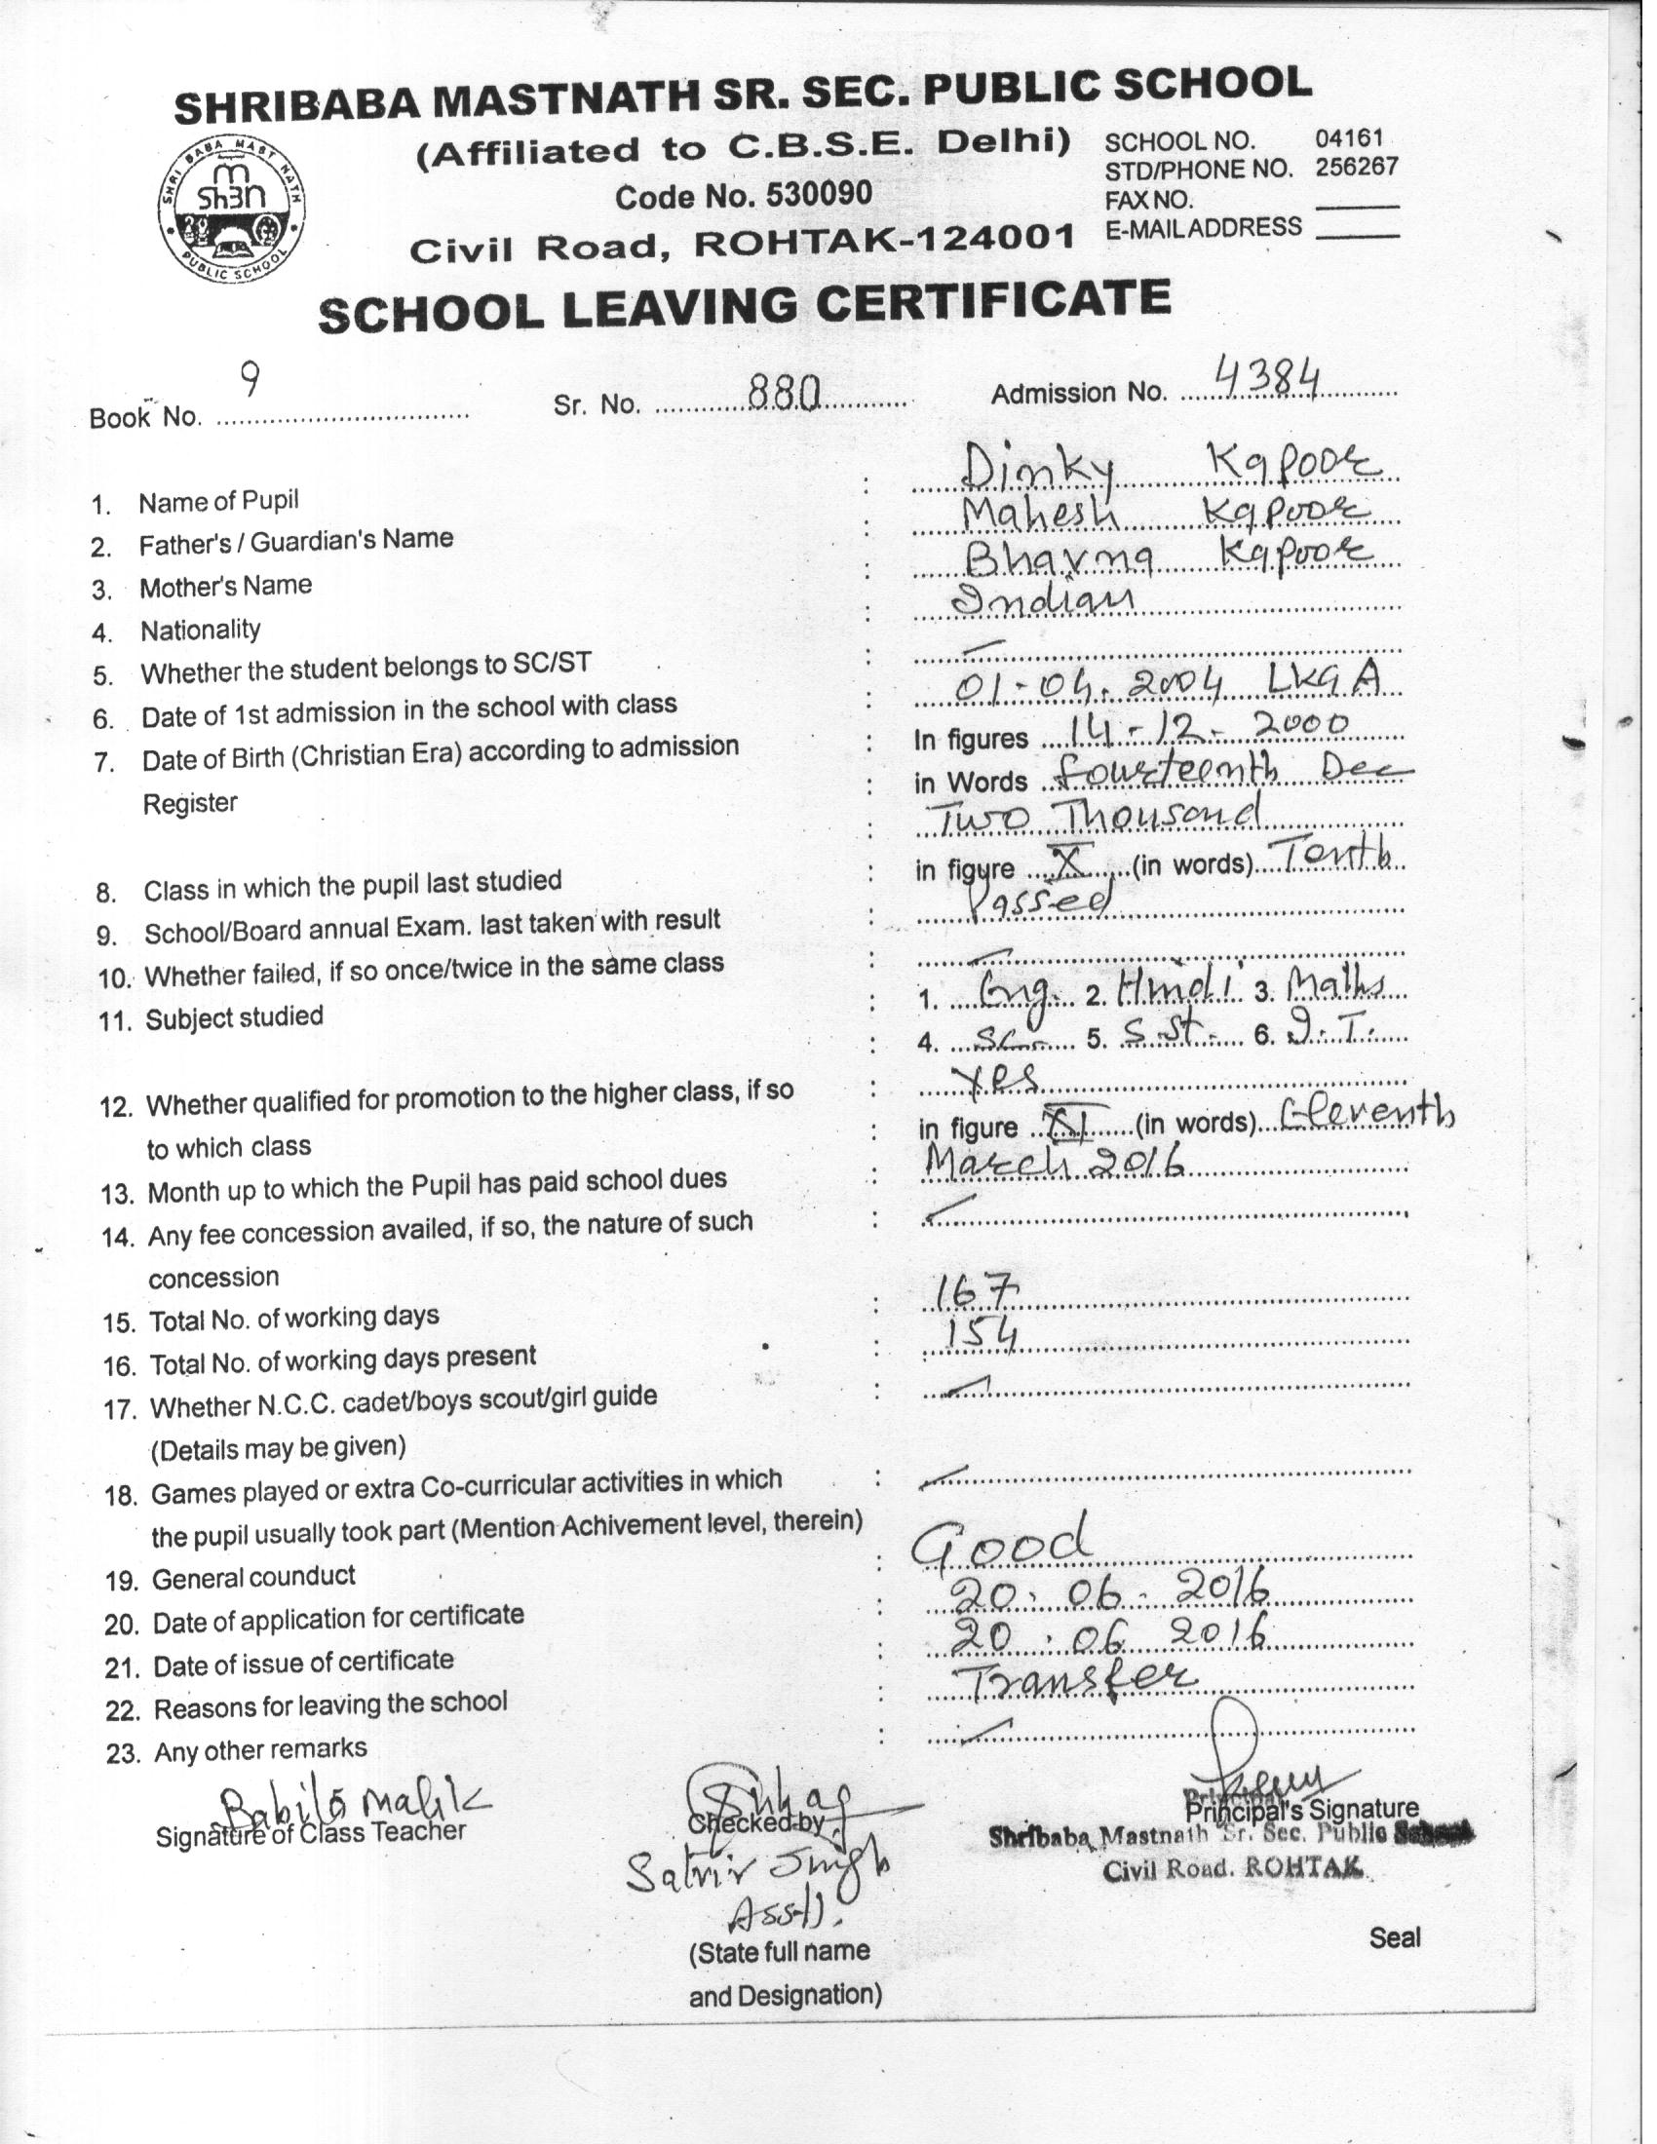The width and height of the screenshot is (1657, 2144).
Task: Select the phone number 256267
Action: pyautogui.click(x=1356, y=167)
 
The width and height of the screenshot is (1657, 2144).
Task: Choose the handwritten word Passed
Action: pyautogui.click(x=1042, y=899)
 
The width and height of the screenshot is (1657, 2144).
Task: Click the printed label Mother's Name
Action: pyautogui.click(x=226, y=587)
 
